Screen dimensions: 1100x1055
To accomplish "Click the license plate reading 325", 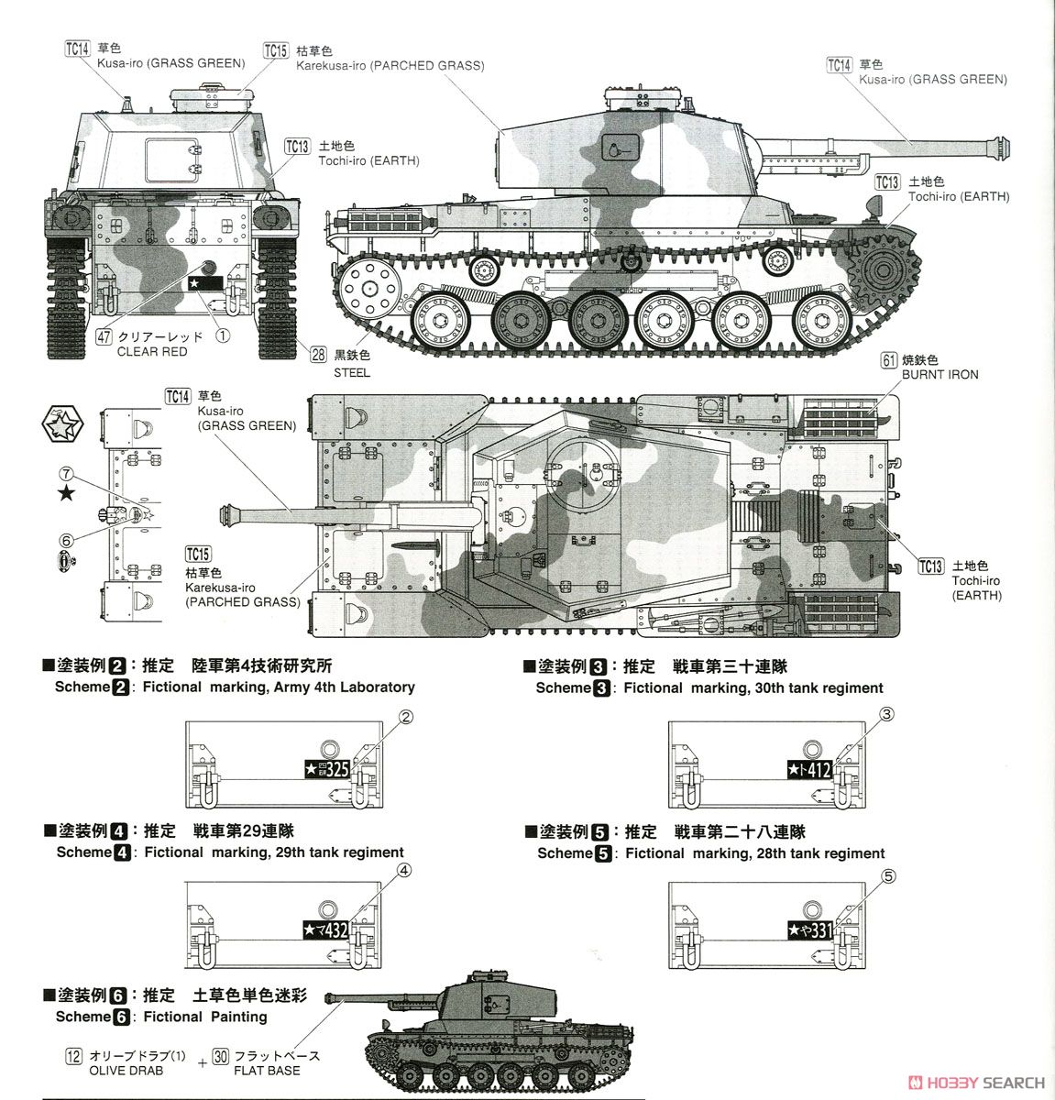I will [326, 769].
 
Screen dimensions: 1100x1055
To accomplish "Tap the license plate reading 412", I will [809, 770].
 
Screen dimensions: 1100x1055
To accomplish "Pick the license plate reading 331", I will [810, 930].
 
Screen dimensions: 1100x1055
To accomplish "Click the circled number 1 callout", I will [221, 335].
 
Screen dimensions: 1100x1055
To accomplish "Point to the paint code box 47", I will [104, 336].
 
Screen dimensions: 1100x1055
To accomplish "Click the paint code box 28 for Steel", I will [318, 357].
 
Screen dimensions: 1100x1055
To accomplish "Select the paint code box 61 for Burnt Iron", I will [887, 359].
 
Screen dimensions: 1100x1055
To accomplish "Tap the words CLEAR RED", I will [152, 352].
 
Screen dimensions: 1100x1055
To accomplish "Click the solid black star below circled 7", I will [66, 495].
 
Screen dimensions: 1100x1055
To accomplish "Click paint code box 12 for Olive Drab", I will [74, 1056].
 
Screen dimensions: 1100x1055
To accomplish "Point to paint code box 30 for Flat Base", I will [220, 1056].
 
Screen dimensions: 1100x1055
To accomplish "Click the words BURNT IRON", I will [940, 375].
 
